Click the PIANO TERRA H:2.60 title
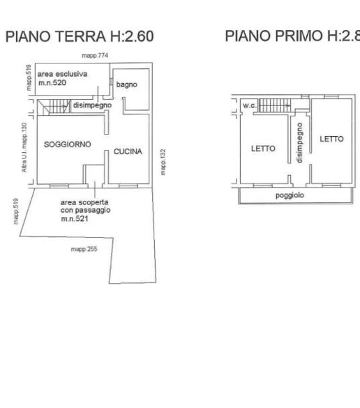79,36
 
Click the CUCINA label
128,151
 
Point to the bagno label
127,84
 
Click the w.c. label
249,105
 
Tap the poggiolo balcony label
290,196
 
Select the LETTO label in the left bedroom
263,149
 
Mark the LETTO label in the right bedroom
331,139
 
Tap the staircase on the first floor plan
274,106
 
